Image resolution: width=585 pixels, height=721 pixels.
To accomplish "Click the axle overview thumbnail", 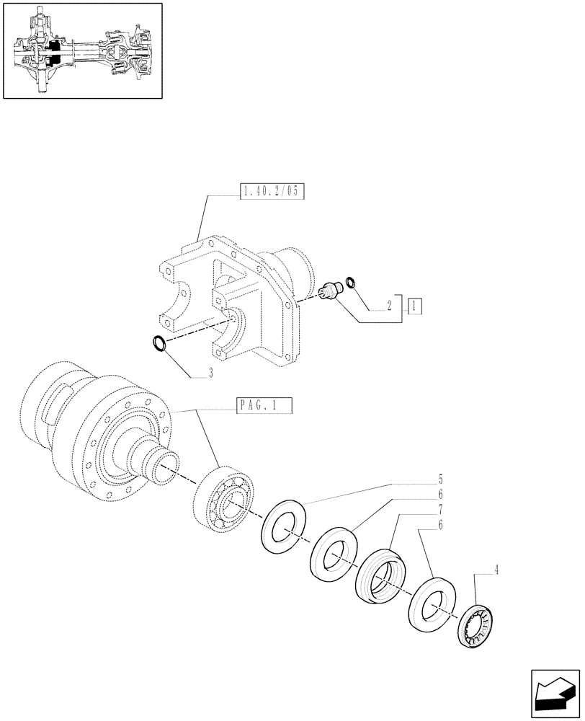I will (81, 51).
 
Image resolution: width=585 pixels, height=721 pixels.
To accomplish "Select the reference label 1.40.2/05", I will (269, 191).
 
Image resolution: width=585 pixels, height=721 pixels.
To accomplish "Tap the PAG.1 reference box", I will (264, 407).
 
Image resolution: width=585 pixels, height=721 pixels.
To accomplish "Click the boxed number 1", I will (415, 305).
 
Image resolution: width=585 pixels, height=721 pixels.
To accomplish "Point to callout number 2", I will (389, 306).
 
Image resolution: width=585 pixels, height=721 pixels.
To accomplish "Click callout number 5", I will (440, 479).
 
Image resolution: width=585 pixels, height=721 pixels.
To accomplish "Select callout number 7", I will (440, 510).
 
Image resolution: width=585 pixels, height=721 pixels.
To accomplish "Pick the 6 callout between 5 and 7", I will (440, 495).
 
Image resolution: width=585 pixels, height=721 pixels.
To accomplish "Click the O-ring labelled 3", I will (161, 345).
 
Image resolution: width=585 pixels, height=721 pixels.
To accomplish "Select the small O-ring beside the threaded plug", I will (350, 281).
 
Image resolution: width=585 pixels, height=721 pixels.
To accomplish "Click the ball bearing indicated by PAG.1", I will (224, 499).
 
